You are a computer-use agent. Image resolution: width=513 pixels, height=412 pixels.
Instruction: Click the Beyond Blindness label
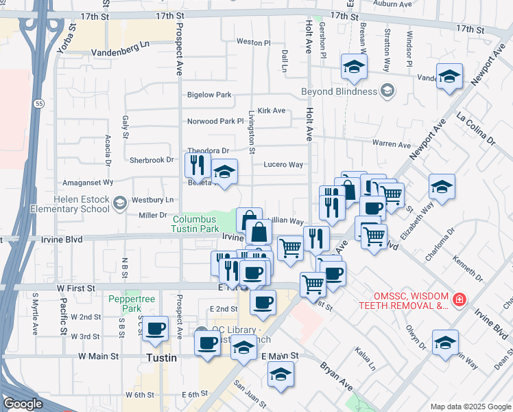(339, 91)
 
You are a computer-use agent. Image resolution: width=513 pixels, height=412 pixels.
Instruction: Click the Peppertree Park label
(124, 304)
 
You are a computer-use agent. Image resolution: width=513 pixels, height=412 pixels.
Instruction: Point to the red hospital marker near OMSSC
(459, 300)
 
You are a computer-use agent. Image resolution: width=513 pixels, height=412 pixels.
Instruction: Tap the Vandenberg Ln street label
(120, 44)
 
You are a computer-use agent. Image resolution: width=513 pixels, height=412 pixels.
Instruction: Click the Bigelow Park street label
(209, 95)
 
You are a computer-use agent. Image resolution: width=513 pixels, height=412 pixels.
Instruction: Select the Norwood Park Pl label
(215, 122)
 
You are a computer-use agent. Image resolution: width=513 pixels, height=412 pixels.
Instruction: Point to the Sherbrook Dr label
(152, 160)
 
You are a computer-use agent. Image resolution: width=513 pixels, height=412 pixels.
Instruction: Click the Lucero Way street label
(284, 165)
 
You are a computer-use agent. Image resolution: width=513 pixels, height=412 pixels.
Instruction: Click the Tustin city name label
(162, 358)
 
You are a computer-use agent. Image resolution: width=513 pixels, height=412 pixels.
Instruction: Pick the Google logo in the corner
(23, 404)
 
